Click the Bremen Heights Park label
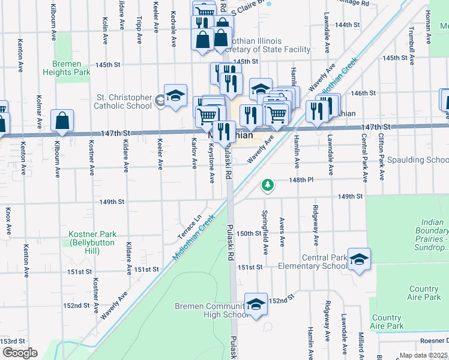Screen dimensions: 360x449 pyautogui.click(x=67, y=67)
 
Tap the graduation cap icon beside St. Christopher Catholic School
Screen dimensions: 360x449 pyautogui.click(x=175, y=96)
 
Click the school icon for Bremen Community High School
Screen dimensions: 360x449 pyautogui.click(x=256, y=305)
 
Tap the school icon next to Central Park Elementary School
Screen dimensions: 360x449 pyautogui.click(x=359, y=259)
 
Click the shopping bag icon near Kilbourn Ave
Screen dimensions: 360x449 pyautogui.click(x=62, y=121)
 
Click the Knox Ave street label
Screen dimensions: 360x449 pyautogui.click(x=8, y=221)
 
